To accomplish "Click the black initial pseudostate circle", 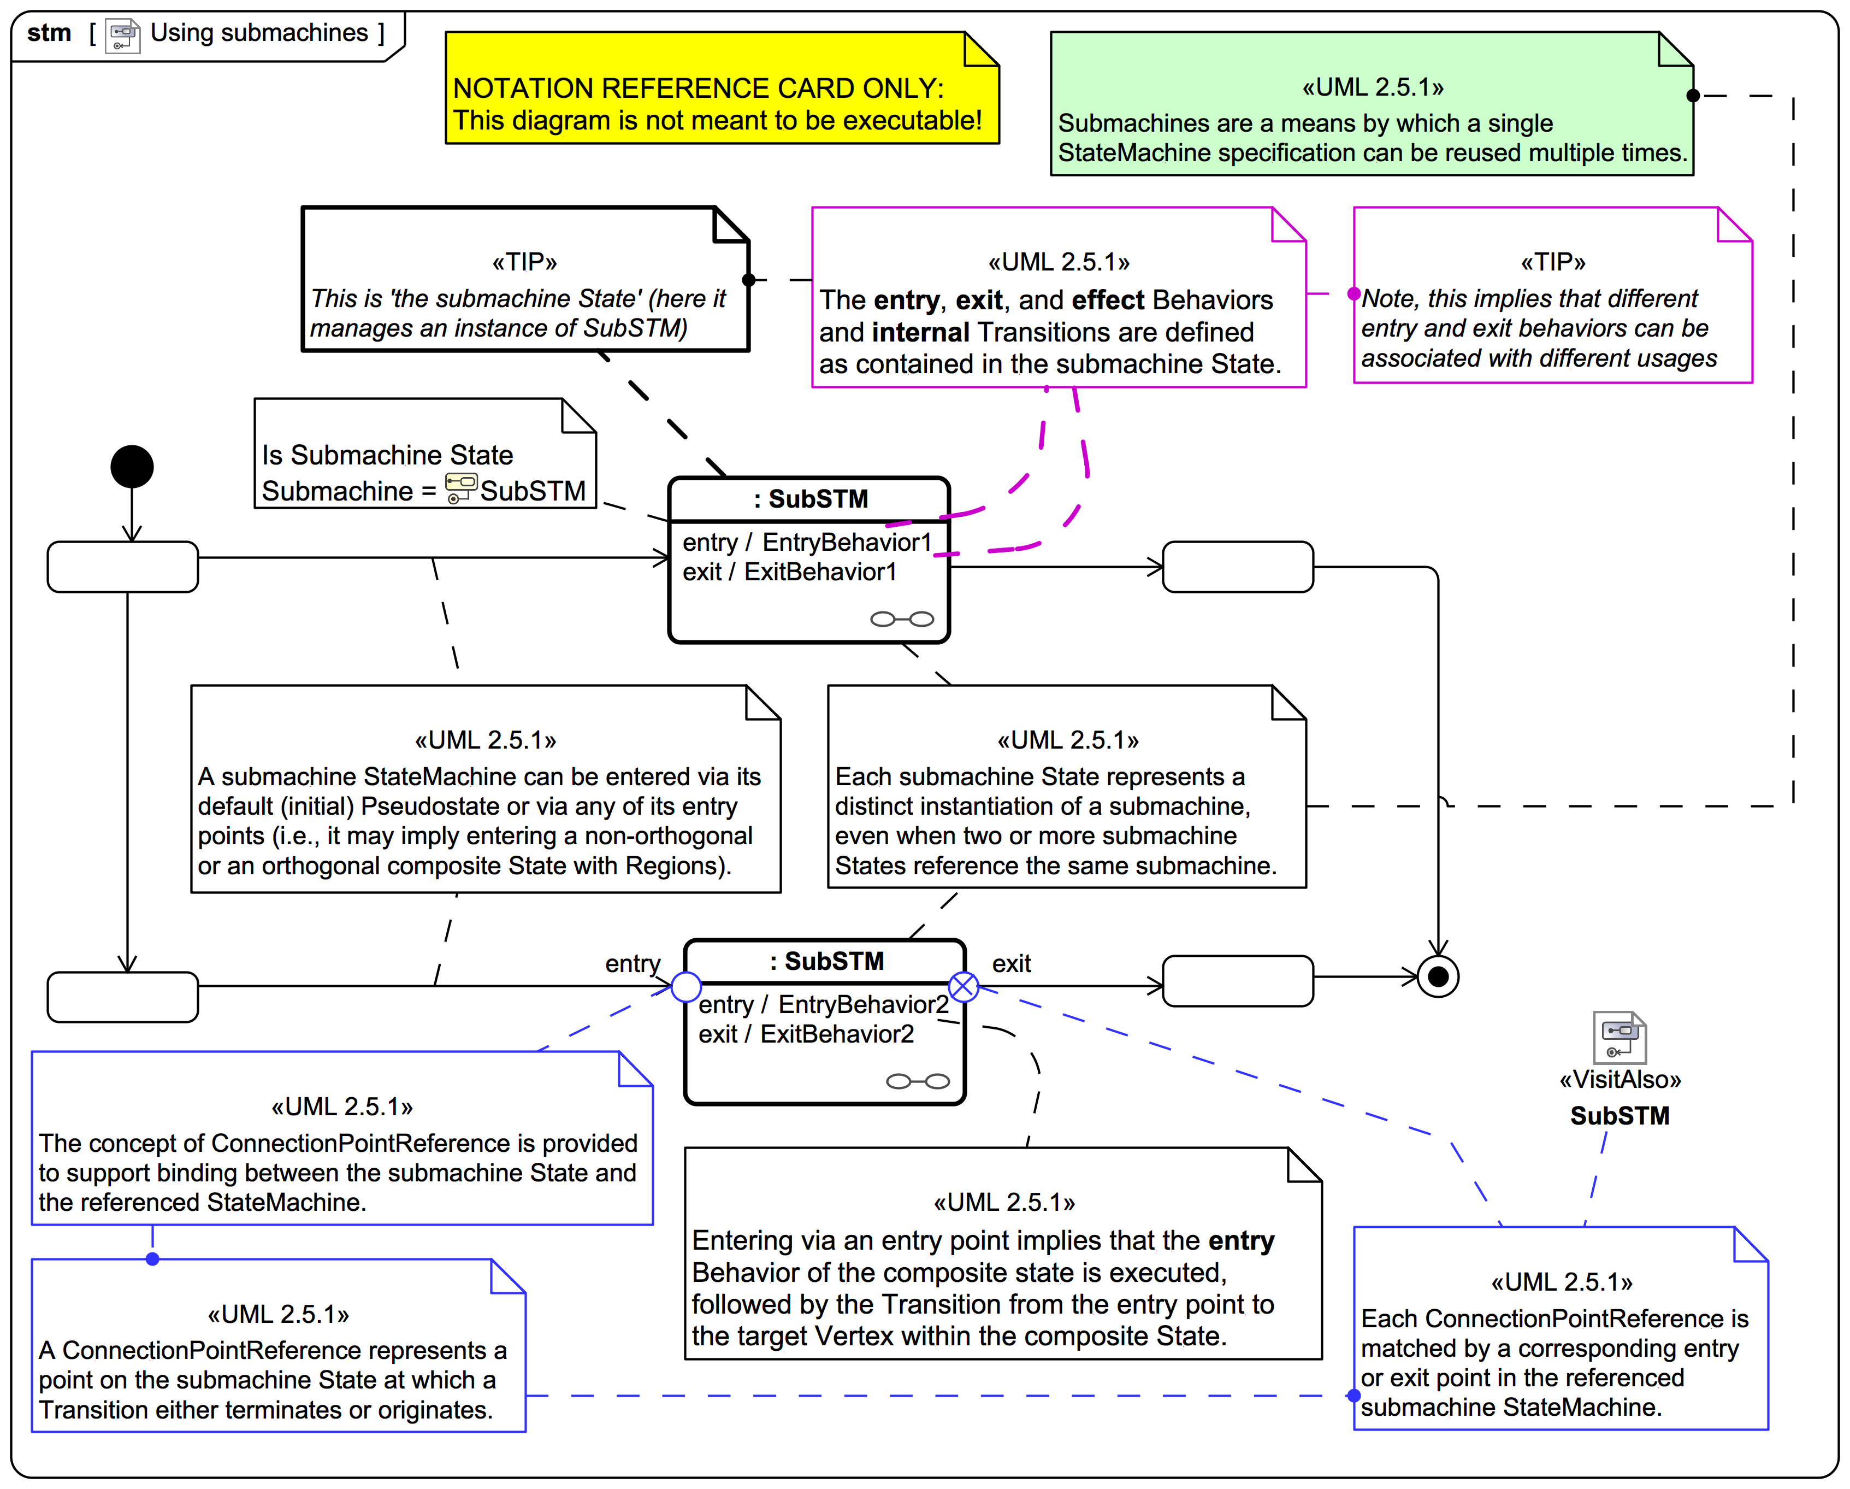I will click(132, 467).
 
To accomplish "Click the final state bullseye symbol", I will click(1438, 976).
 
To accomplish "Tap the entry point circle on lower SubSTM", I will click(685, 987).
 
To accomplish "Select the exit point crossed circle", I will click(964, 987).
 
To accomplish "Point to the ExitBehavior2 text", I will click(837, 1034).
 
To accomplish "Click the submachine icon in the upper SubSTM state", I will click(902, 619).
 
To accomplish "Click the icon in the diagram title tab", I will click(123, 35).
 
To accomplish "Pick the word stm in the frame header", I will click(49, 33).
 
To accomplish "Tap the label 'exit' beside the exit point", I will click(1011, 964).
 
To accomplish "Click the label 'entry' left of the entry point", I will click(633, 964).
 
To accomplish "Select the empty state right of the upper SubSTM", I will click(1237, 567).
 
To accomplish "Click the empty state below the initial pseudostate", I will click(123, 567).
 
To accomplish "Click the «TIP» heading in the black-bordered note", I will click(524, 262).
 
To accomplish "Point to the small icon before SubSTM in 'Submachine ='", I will click(461, 489).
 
